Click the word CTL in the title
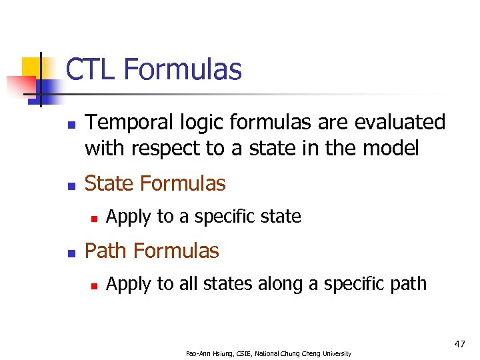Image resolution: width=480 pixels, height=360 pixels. tap(91, 69)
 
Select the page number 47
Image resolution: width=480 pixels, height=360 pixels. tap(460, 344)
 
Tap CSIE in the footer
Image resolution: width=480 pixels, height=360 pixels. tap(241, 353)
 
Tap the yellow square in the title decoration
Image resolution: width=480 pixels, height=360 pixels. tap(31, 67)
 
